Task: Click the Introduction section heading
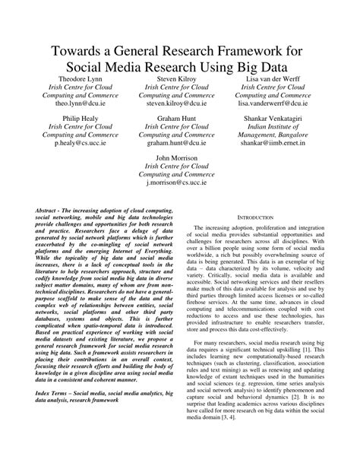260,217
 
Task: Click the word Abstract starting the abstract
48,209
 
